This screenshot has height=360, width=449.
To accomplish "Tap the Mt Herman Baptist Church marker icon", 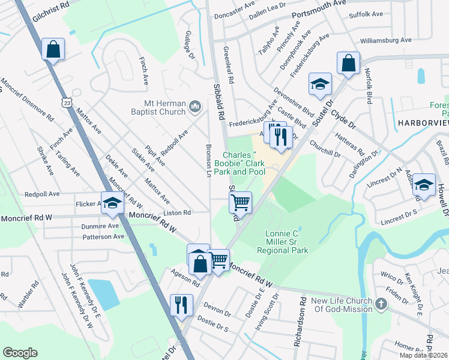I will (x=194, y=107).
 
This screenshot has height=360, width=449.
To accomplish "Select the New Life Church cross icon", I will (x=381, y=304).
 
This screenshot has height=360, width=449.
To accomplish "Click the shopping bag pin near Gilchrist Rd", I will (x=53, y=49).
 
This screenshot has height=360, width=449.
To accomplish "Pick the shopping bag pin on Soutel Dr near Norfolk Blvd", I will (x=348, y=63).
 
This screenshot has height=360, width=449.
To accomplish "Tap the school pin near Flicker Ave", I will (x=112, y=204).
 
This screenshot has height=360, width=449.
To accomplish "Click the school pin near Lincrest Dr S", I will (x=424, y=185).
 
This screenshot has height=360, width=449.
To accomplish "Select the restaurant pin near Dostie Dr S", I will (x=181, y=304).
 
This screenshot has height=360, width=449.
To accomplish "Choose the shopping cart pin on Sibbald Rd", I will (x=240, y=203).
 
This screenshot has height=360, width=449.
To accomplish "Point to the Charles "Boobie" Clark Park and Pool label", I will (x=240, y=163).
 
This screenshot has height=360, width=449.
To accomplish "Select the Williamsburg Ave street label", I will (x=385, y=40).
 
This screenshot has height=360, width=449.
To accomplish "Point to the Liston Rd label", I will (x=178, y=212).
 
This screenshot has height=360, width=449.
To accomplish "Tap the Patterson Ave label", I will (x=103, y=236).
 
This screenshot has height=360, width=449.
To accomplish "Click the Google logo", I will (x=20, y=353).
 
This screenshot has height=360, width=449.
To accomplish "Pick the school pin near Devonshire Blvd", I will (x=320, y=85).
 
